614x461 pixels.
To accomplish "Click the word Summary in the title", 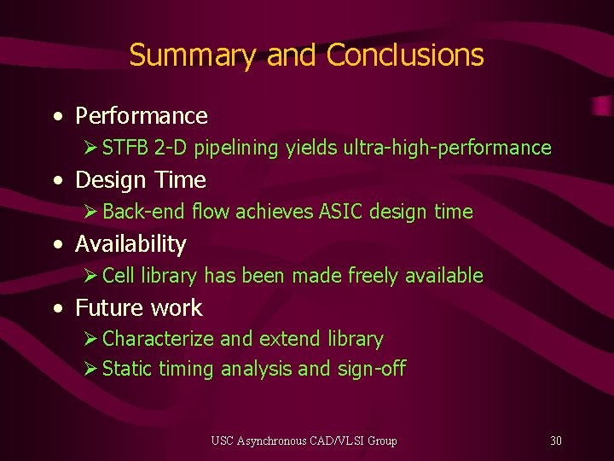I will click(192, 56).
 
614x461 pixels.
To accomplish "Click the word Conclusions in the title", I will click(405, 55).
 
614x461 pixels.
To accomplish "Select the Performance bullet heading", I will click(142, 116).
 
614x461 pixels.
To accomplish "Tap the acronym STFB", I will click(126, 149).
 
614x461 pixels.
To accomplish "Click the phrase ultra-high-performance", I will click(448, 149).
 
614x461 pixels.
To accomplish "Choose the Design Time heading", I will click(141, 180).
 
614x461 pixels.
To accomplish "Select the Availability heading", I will click(130, 244).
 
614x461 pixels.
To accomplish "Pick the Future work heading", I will click(139, 308).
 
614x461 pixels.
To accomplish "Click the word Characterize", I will click(159, 339).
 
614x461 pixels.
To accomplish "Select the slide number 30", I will click(556, 441).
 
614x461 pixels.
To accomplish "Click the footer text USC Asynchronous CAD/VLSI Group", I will click(304, 441).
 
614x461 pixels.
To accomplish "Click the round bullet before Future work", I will click(56, 309).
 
